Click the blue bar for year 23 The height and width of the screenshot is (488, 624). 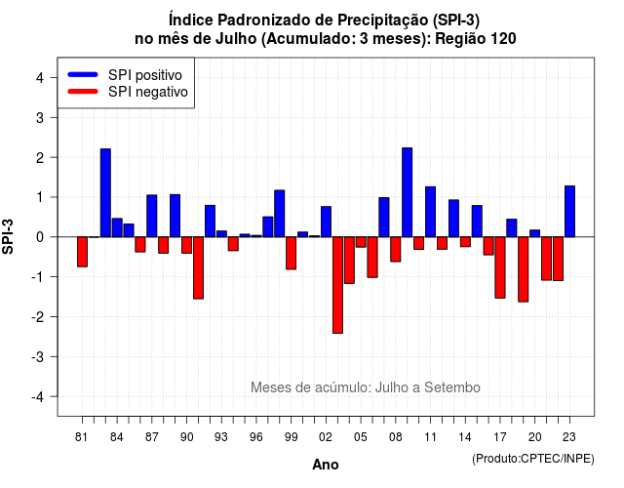(x=569, y=211)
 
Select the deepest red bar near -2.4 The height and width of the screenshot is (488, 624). (x=337, y=285)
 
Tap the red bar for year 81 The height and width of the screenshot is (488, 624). (x=82, y=252)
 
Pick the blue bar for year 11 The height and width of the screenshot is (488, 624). (x=430, y=212)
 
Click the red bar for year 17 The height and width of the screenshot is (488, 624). (x=500, y=267)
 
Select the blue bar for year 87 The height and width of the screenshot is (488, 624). (x=152, y=216)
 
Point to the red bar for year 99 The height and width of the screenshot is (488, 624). (x=291, y=253)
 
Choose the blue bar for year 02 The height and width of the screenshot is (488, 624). (x=326, y=222)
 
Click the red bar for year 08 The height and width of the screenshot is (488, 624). (x=396, y=250)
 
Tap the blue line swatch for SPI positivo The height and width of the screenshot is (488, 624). (x=83, y=74)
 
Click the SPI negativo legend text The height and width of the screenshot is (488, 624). (x=147, y=92)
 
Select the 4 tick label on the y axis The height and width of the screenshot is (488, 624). (x=40, y=78)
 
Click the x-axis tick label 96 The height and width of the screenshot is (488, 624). (x=255, y=437)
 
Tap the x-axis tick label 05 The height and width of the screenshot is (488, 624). (x=361, y=437)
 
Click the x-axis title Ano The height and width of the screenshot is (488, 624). (x=326, y=465)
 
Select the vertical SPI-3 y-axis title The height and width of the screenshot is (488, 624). (x=8, y=236)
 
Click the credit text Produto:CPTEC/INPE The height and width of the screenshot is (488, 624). (x=533, y=459)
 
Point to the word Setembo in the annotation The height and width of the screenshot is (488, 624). (x=452, y=387)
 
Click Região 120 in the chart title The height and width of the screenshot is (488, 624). (x=476, y=39)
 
